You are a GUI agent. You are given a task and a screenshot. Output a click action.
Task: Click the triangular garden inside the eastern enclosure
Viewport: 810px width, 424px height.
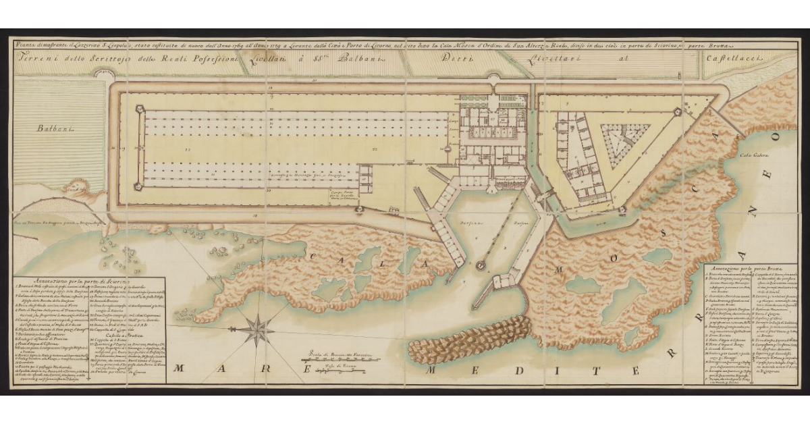coord(624,142)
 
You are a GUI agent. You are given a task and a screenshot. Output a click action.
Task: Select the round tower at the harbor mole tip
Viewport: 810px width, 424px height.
coord(482,265)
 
